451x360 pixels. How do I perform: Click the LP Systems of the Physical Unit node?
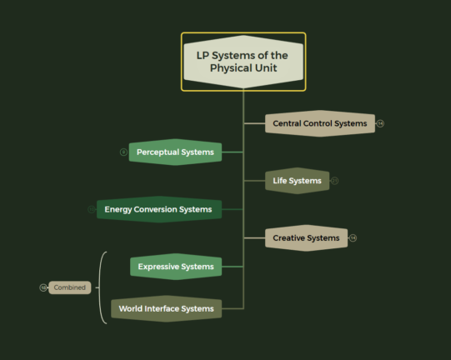tap(243, 62)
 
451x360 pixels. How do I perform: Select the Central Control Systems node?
tap(320, 123)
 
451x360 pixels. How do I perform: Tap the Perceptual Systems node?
tap(175, 152)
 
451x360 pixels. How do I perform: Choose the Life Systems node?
tap(297, 181)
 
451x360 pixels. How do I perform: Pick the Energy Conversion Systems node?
tap(159, 209)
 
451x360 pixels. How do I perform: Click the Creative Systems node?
tap(306, 238)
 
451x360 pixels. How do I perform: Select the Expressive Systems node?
tap(176, 267)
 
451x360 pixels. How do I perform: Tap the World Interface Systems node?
tap(166, 308)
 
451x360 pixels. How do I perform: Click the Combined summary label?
tap(69, 287)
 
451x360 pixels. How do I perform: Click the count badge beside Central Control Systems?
tap(380, 123)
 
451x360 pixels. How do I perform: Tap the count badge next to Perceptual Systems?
tap(123, 152)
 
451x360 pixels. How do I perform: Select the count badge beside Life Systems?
tap(334, 181)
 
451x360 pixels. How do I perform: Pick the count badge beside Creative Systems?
tap(353, 238)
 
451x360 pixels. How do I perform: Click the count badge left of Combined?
tap(43, 287)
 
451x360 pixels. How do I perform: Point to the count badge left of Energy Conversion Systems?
tap(92, 209)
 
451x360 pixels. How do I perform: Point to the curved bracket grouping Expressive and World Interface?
tap(99, 287)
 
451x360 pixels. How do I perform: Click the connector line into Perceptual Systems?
tap(233, 152)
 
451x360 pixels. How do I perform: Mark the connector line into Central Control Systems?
tap(254, 123)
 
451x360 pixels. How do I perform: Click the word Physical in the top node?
tap(229, 68)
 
